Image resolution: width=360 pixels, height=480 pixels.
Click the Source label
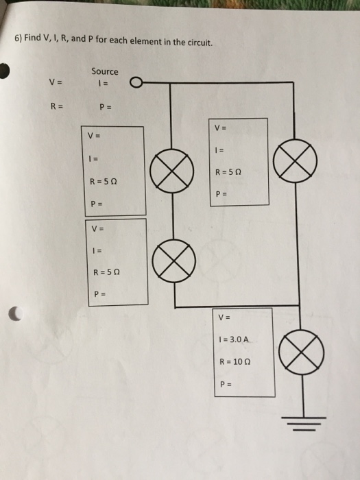click(x=104, y=71)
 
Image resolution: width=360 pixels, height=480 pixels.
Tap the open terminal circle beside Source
click(x=136, y=84)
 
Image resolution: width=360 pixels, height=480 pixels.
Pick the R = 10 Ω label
click(x=232, y=361)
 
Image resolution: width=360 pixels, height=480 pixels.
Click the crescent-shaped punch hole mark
click(x=14, y=314)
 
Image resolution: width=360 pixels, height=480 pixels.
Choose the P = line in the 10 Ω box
click(x=221, y=383)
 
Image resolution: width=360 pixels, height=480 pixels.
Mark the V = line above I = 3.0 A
click(x=221, y=317)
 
